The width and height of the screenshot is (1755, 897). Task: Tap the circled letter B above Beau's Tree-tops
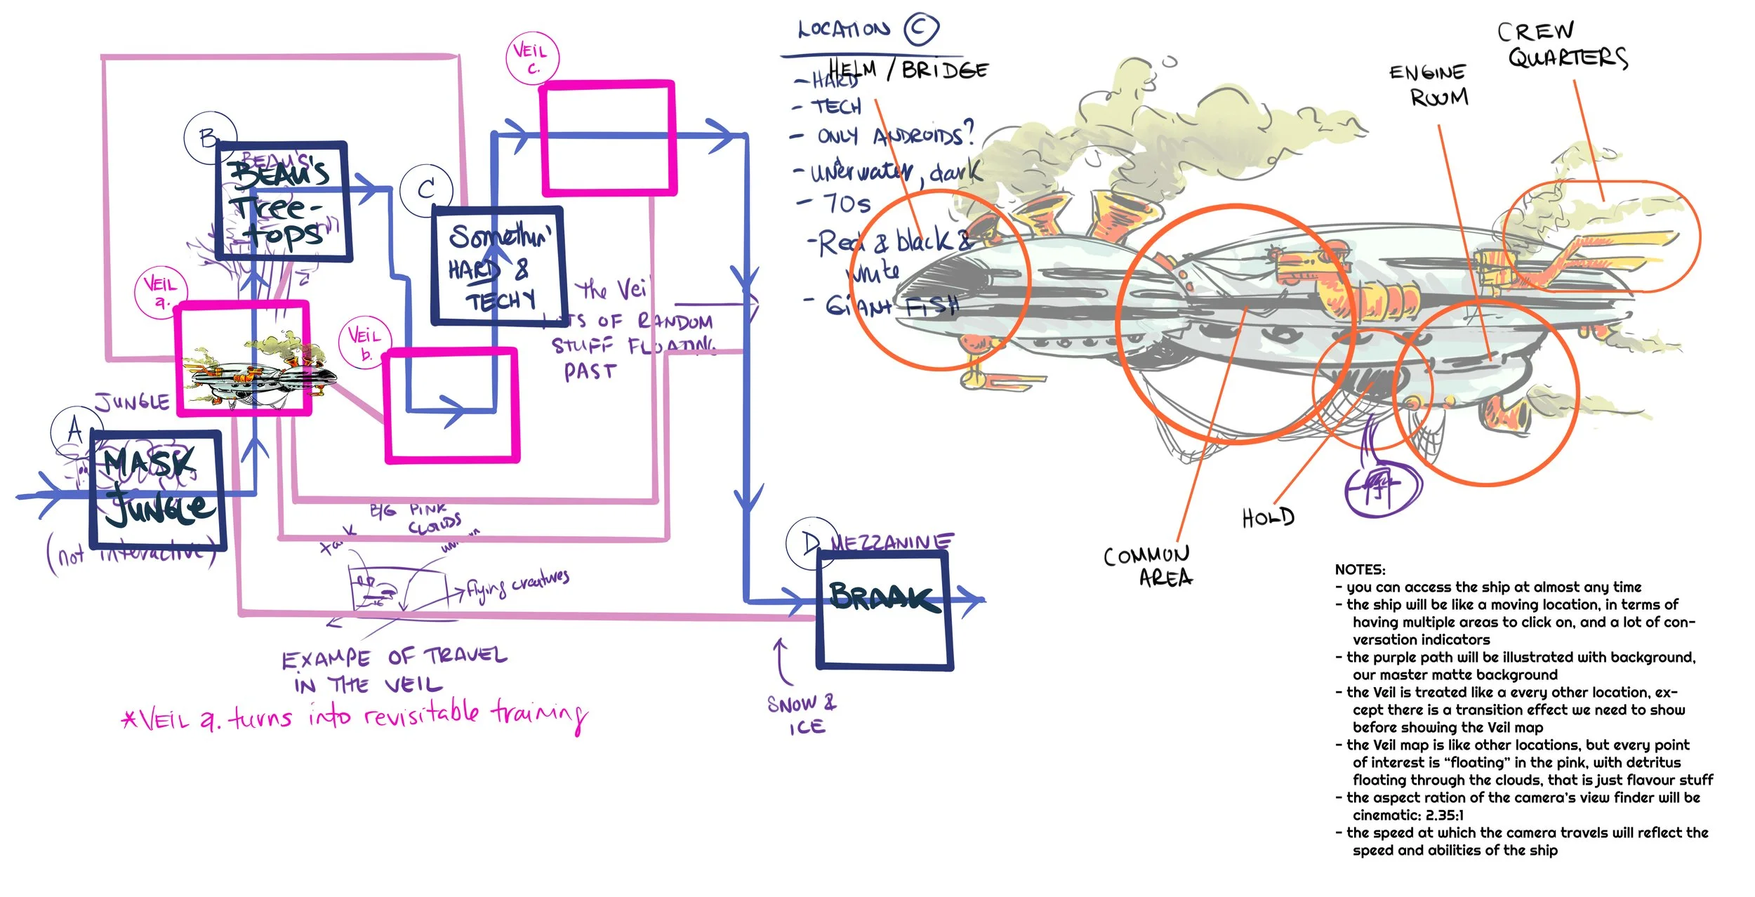click(x=209, y=138)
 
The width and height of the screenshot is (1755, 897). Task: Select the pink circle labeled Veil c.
click(x=532, y=59)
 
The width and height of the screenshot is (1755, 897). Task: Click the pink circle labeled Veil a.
click(x=161, y=292)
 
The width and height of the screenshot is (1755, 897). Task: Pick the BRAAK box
click(x=884, y=609)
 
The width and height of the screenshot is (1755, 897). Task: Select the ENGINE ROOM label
click(x=1430, y=84)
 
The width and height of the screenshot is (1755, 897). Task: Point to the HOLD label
click(x=1268, y=518)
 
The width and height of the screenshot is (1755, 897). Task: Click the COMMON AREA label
click(x=1149, y=566)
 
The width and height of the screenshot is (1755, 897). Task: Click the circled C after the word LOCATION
click(x=920, y=29)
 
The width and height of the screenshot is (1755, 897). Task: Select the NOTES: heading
click(x=1360, y=569)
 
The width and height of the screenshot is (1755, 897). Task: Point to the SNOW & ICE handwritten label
click(x=802, y=715)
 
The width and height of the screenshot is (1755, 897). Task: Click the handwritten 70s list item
click(x=847, y=204)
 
